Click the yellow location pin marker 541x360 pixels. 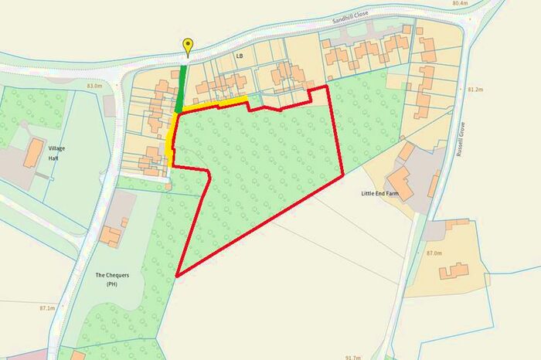(x=187, y=46)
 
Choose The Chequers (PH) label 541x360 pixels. (x=111, y=280)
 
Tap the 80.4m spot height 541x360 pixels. (x=459, y=4)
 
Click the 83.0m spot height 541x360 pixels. (x=94, y=86)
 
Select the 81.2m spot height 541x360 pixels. (x=475, y=90)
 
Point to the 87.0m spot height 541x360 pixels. (x=434, y=253)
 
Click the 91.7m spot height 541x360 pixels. (x=353, y=357)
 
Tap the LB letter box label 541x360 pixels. (x=240, y=56)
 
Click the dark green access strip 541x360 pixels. (x=182, y=89)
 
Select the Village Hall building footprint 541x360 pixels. (x=34, y=154)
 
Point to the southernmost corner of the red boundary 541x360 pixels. (x=178, y=276)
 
